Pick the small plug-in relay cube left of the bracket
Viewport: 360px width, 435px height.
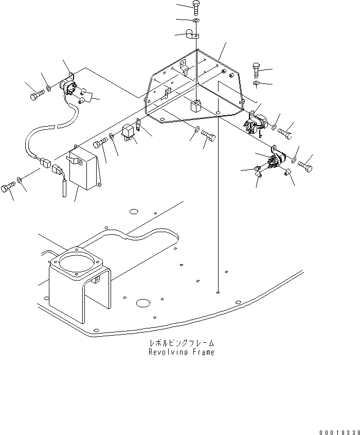point(129,133)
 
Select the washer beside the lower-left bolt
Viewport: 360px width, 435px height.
point(20,179)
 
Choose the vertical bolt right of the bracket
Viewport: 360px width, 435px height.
point(257,68)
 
